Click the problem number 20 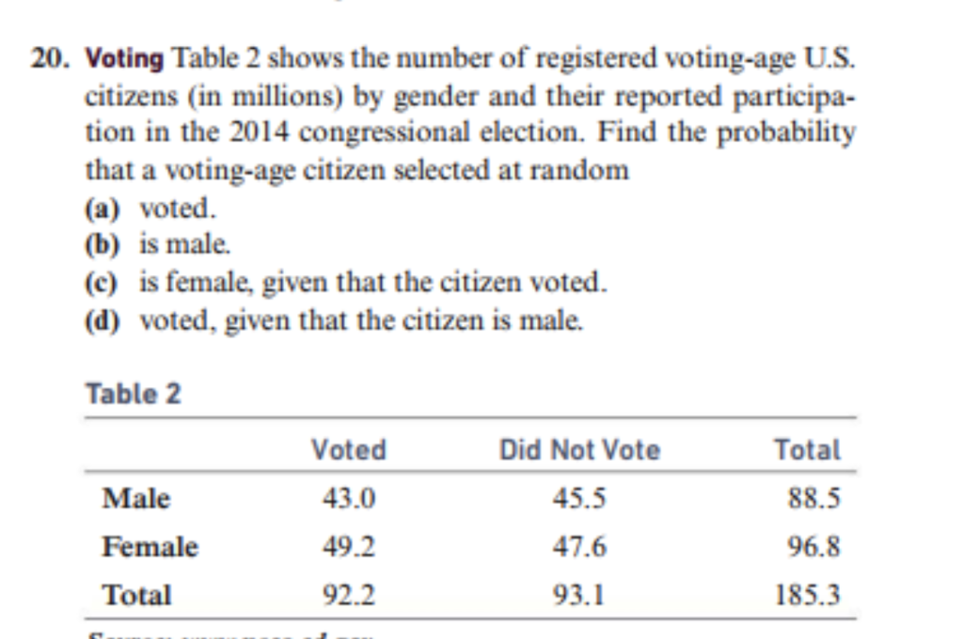pyautogui.click(x=50, y=59)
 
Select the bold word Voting pyautogui.click(x=124, y=59)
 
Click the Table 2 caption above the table pyautogui.click(x=133, y=394)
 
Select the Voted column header pyautogui.click(x=348, y=450)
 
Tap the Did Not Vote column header pyautogui.click(x=579, y=450)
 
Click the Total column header pyautogui.click(x=807, y=450)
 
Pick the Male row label pyautogui.click(x=136, y=498)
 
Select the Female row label pyautogui.click(x=150, y=547)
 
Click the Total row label pyautogui.click(x=137, y=595)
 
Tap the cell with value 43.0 pyautogui.click(x=349, y=499)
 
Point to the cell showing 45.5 pyautogui.click(x=579, y=499)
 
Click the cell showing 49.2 pyautogui.click(x=349, y=547)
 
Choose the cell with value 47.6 pyautogui.click(x=579, y=547)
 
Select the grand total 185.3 pyautogui.click(x=807, y=596)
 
